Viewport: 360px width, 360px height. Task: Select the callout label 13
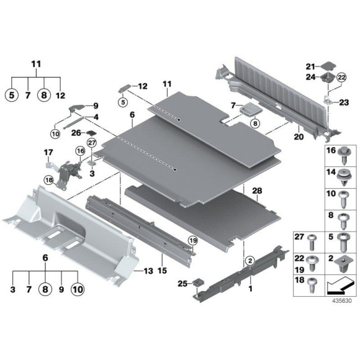point(146,272)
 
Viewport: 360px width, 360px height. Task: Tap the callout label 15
point(163,272)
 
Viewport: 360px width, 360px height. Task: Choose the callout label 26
point(76,132)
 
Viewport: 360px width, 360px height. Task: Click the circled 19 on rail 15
point(192,241)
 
